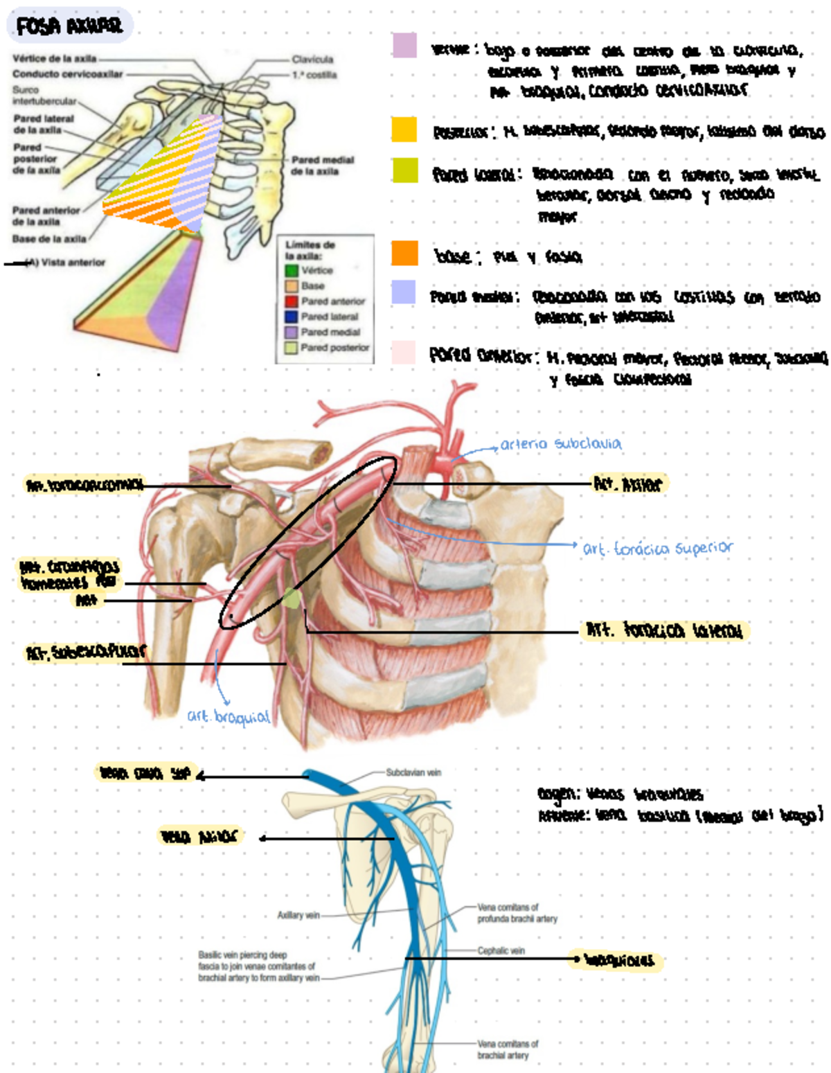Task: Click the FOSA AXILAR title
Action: [x=69, y=26]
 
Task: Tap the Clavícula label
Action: [x=312, y=60]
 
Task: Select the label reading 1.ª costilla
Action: [x=314, y=75]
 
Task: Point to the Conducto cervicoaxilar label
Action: [x=67, y=74]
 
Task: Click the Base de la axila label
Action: [x=49, y=239]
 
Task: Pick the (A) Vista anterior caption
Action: [x=65, y=263]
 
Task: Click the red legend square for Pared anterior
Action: [x=292, y=301]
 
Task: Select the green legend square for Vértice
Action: [x=292, y=271]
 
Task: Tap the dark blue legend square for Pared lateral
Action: [x=292, y=317]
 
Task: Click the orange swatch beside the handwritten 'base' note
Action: [x=404, y=254]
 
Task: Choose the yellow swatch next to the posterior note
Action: [x=404, y=130]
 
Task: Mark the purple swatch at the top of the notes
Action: [x=404, y=45]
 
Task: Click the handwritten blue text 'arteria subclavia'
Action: [x=561, y=444]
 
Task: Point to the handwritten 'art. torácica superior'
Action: [x=657, y=549]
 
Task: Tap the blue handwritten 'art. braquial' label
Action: [x=229, y=716]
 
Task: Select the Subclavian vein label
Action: [x=413, y=772]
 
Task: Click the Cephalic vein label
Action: [x=501, y=951]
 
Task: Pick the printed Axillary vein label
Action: [x=298, y=915]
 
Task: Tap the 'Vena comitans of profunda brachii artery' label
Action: [x=517, y=913]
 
